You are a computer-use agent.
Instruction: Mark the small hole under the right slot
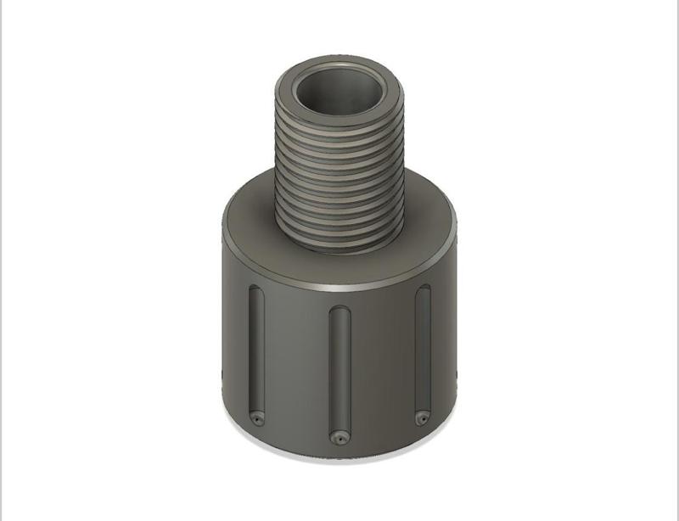[421, 416]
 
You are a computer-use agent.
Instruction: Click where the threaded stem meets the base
[339, 248]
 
